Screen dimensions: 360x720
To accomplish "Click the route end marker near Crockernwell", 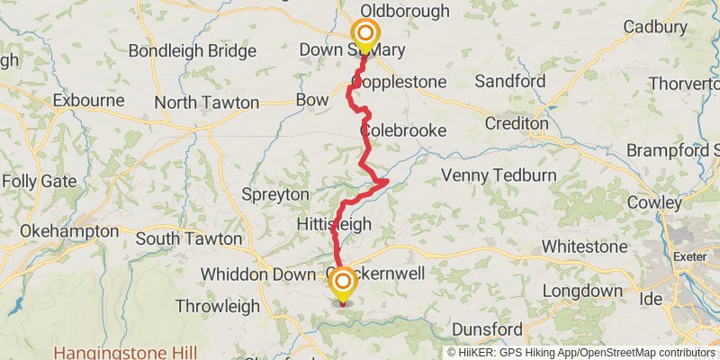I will tap(343, 286).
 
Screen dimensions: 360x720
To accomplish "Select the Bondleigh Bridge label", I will tap(180, 50).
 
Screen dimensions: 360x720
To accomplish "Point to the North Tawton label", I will tap(206, 103).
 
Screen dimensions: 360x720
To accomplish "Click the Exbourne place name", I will tap(88, 100).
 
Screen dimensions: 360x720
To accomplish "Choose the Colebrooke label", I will tap(405, 130).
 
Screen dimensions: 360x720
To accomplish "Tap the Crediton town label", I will tap(516, 122).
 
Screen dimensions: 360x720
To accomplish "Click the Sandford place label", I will tap(510, 82).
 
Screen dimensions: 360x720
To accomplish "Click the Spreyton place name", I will tap(275, 194).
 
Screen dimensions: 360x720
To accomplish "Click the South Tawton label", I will tap(189, 238).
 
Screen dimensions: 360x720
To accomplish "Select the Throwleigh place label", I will tap(216, 305).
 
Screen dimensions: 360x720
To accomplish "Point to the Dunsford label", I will tap(488, 329).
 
